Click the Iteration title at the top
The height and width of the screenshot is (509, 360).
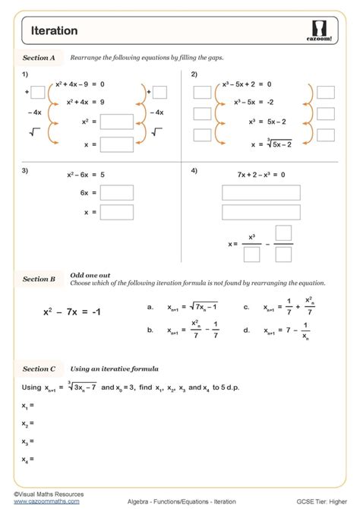pyautogui.click(x=54, y=31)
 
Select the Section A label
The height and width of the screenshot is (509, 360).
pyautogui.click(x=39, y=57)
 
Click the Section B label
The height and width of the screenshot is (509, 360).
pyautogui.click(x=39, y=279)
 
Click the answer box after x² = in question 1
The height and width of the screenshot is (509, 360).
pyautogui.click(x=117, y=121)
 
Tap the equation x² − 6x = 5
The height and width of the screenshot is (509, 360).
pyautogui.click(x=83, y=175)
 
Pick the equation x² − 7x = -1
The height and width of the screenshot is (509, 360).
pyautogui.click(x=72, y=312)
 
